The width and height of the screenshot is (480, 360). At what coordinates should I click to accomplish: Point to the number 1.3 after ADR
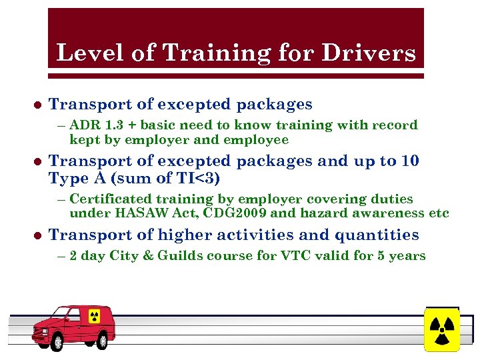pyautogui.click(x=112, y=125)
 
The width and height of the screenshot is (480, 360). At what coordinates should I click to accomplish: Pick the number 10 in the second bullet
pyautogui.click(x=409, y=161)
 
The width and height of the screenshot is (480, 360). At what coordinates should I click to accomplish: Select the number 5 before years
pyautogui.click(x=388, y=256)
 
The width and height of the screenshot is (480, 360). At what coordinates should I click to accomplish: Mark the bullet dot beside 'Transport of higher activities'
pyautogui.click(x=37, y=235)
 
